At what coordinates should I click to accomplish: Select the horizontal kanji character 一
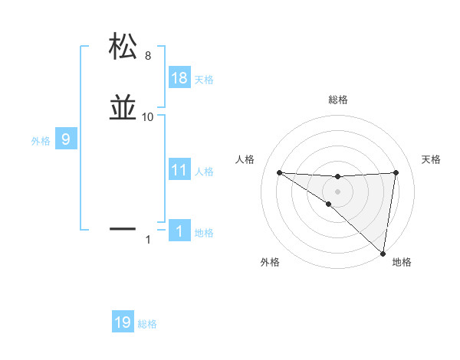(123, 228)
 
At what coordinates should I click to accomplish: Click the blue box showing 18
(179, 78)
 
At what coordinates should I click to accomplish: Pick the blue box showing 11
(179, 170)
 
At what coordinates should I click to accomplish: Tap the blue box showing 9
(67, 139)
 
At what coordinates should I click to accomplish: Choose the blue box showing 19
(123, 322)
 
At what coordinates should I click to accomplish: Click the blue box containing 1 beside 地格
(179, 231)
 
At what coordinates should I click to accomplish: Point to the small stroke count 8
(148, 55)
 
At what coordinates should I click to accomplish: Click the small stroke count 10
(148, 117)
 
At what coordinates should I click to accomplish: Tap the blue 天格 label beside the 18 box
(204, 79)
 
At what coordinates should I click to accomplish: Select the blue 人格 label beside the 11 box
(204, 172)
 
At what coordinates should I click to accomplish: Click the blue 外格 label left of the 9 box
(41, 140)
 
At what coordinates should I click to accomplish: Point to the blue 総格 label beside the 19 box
(147, 324)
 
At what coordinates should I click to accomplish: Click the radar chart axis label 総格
(337, 100)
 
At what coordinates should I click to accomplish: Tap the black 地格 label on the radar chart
(402, 262)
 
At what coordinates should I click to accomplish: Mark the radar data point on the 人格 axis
(279, 172)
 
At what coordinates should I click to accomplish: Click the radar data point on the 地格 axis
(383, 253)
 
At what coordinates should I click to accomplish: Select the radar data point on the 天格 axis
(396, 172)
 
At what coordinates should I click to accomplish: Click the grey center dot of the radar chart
(337, 191)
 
